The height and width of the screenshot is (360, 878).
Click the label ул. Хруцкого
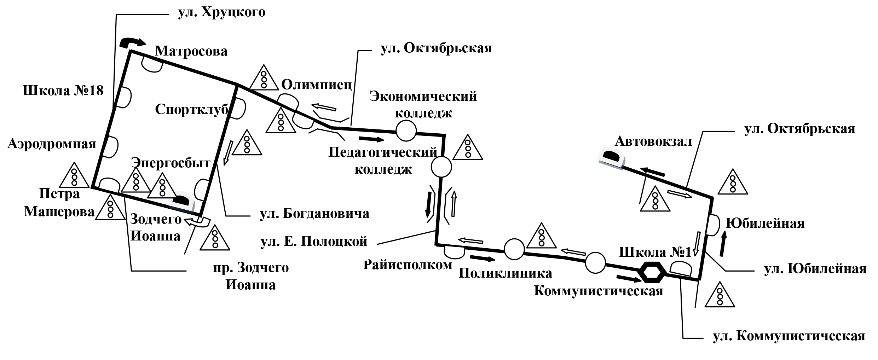pos(221,13)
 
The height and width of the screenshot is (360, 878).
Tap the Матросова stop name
pos(191,52)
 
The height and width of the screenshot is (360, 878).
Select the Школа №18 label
pos(63,91)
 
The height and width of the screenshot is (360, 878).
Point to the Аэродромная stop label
pos(52,144)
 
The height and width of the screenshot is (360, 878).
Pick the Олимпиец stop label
pos(317,85)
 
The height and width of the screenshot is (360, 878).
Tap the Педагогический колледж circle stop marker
pos(441,167)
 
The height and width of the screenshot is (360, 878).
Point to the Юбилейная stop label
pos(765,223)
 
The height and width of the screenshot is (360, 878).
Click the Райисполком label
pos(408,265)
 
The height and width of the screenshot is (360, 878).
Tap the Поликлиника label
pos(505,273)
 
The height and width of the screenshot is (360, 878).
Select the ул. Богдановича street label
pos(314,213)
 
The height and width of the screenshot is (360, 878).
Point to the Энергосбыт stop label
pos(171,163)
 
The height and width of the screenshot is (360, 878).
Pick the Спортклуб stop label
pos(191,110)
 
